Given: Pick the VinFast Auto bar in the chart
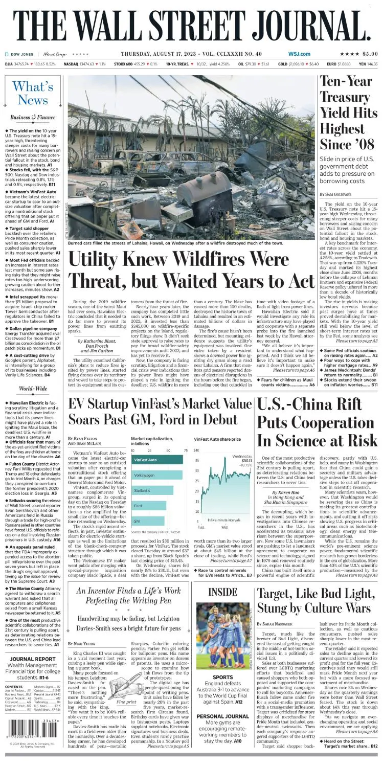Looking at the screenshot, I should [158, 459].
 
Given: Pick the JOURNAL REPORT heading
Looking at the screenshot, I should [33, 659].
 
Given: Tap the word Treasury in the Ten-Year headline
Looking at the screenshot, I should [346, 96].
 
